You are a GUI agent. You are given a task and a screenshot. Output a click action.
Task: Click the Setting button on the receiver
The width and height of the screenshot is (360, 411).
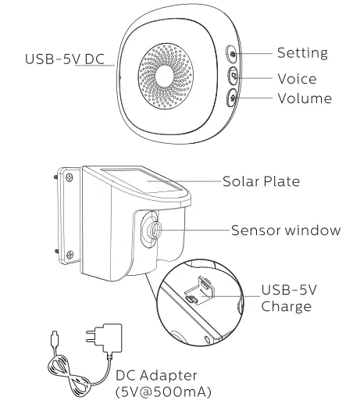(233, 55)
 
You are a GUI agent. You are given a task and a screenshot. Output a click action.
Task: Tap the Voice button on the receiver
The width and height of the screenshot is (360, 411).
(233, 77)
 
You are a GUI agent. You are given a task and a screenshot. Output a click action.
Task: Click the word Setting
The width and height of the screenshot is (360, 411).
(301, 54)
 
